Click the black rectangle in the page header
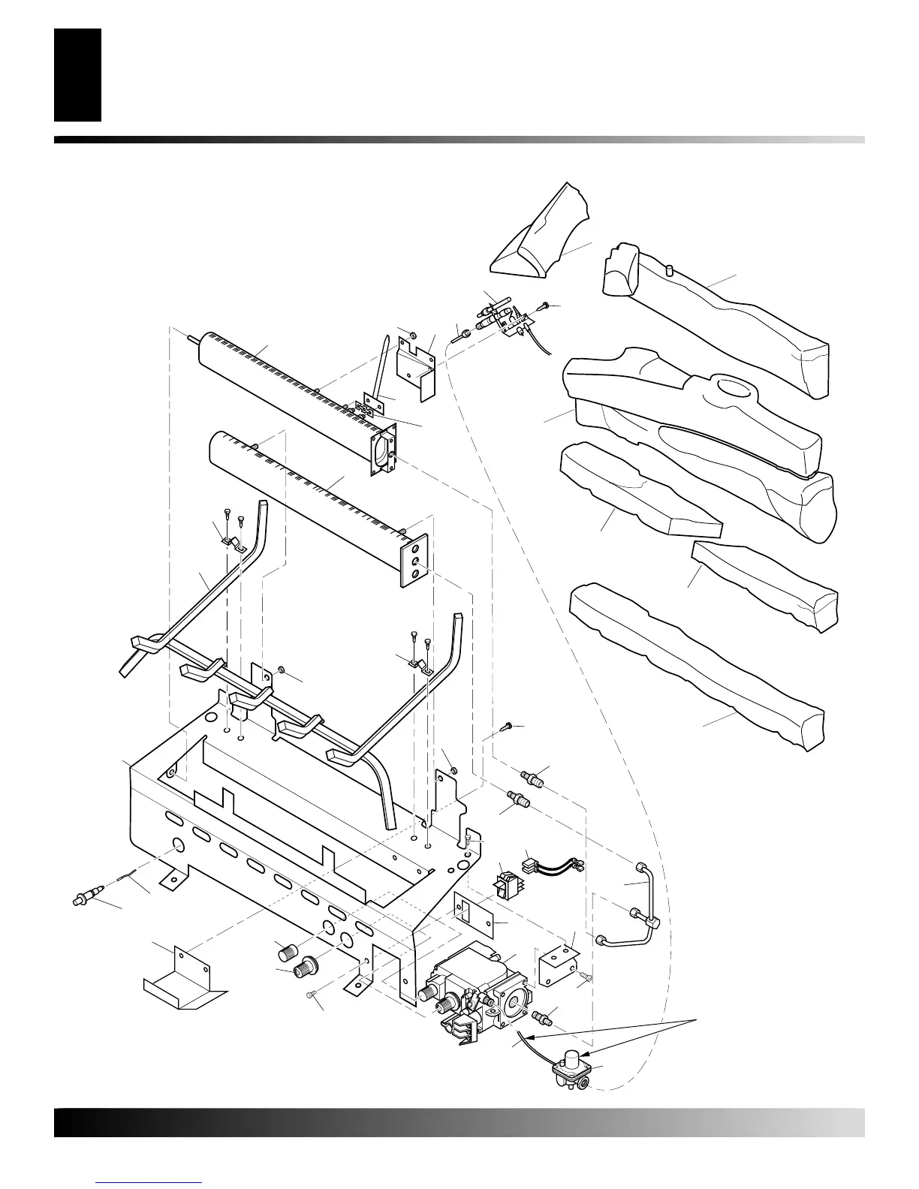point(77,75)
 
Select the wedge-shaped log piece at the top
point(543,233)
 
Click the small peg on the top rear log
point(667,267)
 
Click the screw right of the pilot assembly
point(546,306)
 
